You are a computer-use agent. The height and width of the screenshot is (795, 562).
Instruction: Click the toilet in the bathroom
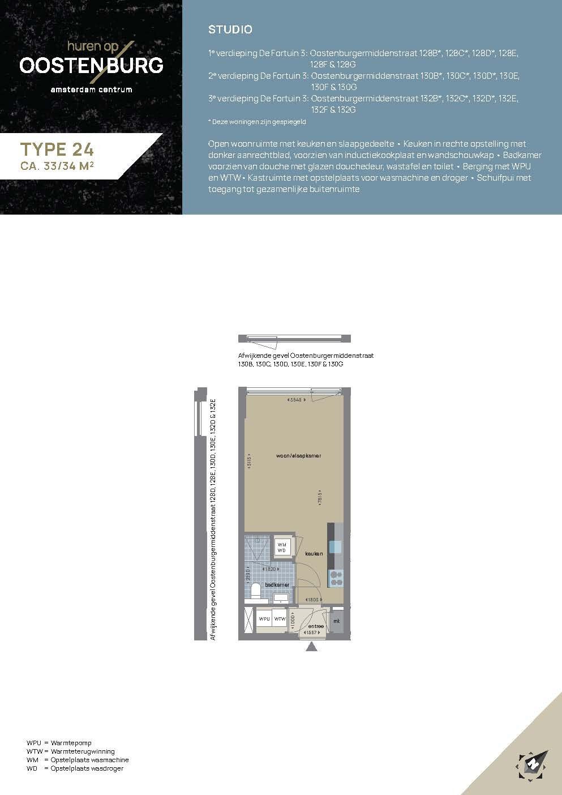tap(255, 591)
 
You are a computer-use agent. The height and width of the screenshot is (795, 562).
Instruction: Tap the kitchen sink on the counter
tap(336, 546)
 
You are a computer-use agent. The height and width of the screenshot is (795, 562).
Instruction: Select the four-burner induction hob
tap(336, 578)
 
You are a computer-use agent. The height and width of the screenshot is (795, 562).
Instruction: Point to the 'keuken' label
tap(314, 553)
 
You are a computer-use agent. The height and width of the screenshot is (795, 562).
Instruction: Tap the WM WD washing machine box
tap(281, 547)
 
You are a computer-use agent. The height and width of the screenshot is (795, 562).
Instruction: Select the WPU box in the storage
tap(264, 619)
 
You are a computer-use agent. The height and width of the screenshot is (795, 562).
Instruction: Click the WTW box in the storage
tap(280, 619)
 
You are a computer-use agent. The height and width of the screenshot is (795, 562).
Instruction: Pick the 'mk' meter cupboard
tap(336, 621)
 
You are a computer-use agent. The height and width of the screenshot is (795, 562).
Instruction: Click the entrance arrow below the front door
tap(311, 647)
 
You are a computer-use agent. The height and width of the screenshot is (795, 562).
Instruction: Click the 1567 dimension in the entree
tap(312, 632)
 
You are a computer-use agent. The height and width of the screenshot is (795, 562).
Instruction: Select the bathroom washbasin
tap(281, 597)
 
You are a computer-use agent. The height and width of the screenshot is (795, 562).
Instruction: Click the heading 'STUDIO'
tap(230, 29)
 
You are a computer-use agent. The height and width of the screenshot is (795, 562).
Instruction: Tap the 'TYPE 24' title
tap(57, 149)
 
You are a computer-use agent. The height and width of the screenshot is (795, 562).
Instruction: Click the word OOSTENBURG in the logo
tap(91, 65)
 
